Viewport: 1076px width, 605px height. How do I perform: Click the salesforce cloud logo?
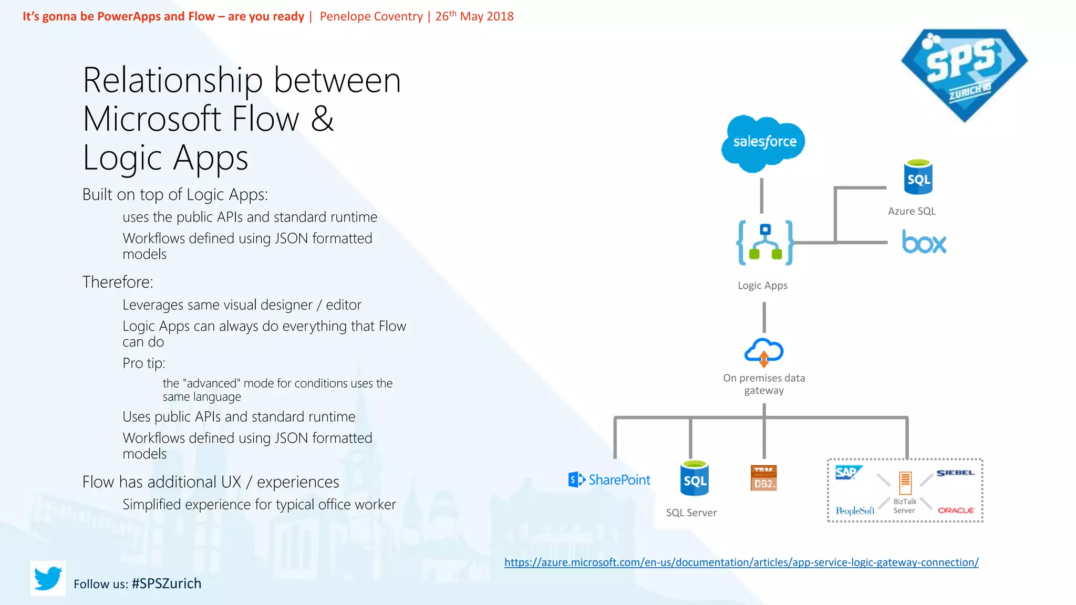[763, 142]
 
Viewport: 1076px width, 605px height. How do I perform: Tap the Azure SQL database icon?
[918, 178]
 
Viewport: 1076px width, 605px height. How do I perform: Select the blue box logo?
[924, 242]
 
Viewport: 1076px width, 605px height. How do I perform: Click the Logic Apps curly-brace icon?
[765, 243]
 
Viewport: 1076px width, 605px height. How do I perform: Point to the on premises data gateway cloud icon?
[764, 352]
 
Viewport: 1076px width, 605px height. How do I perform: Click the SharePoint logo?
[609, 479]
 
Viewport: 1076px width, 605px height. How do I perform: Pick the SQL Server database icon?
[695, 479]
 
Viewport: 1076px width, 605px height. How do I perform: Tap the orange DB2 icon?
[763, 478]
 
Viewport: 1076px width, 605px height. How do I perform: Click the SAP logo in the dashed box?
[847, 472]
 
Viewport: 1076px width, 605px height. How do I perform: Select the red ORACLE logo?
[956, 510]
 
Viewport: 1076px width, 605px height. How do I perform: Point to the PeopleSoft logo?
[855, 510]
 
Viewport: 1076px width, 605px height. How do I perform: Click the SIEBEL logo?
[955, 473]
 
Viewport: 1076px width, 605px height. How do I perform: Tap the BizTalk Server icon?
[905, 483]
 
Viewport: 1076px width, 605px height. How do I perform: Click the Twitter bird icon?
[48, 578]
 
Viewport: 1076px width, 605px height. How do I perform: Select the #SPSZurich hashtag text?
[167, 583]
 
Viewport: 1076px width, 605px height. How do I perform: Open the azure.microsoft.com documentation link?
[741, 562]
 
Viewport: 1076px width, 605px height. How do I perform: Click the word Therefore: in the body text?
[118, 282]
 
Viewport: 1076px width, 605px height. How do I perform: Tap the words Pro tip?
[144, 363]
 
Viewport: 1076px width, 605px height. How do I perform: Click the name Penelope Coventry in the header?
[371, 16]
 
